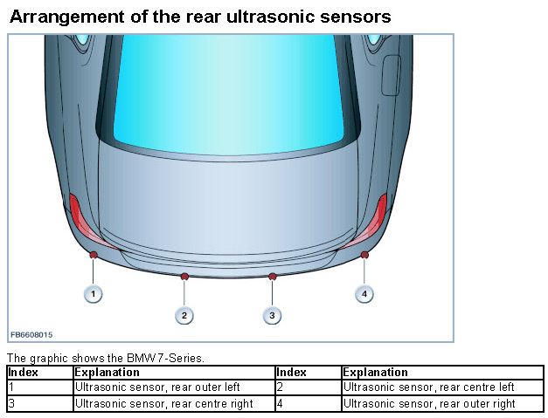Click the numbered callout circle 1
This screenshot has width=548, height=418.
pos(93,294)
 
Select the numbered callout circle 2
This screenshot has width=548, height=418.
pos(184,314)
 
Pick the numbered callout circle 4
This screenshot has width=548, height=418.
pos(364,294)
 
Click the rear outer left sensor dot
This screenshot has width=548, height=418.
pos(93,255)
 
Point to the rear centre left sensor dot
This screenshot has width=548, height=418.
pos(184,277)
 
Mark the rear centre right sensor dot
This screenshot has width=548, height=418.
pos(273,277)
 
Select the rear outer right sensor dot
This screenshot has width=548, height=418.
pos(364,255)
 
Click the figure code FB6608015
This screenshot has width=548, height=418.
pos(31,334)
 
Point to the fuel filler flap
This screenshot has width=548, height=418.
pos(392,76)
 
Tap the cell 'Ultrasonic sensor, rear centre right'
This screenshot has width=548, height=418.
pos(163,403)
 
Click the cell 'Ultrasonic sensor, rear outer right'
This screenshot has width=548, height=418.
pos(429,403)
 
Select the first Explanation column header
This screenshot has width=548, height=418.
pos(108,373)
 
